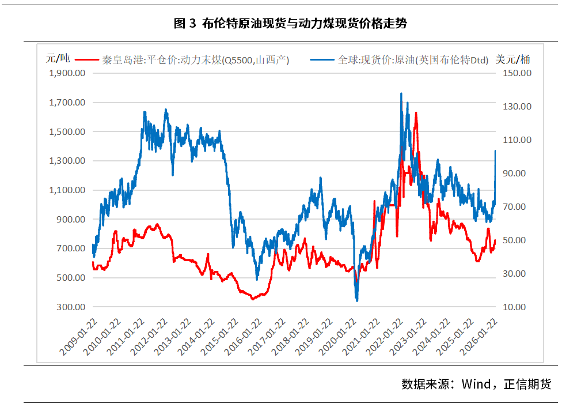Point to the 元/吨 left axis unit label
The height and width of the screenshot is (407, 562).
(x=58, y=58)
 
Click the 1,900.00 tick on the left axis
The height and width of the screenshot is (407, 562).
(x=67, y=73)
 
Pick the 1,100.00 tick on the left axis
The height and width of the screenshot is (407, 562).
(x=67, y=190)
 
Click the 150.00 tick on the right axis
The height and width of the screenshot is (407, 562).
(x=518, y=73)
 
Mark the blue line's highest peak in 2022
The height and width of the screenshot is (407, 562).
(x=401, y=93)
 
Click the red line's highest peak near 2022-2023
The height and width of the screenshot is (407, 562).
(x=416, y=113)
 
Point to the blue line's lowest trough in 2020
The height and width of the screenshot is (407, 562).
(x=357, y=300)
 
